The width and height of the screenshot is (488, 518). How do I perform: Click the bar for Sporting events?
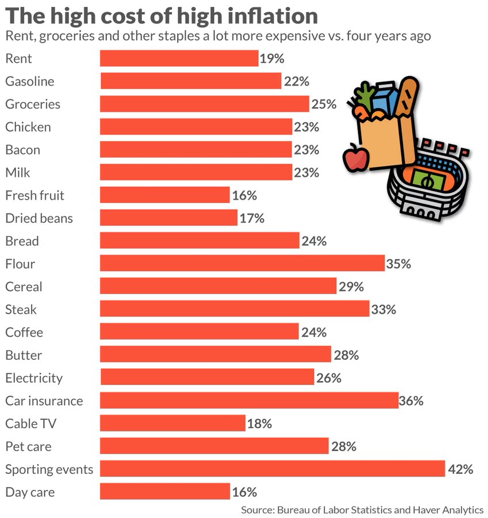(x=272, y=469)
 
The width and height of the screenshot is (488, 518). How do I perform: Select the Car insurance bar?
(x=249, y=400)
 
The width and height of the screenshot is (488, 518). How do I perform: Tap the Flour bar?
(x=242, y=264)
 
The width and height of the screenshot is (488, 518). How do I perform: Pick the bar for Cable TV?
(x=172, y=423)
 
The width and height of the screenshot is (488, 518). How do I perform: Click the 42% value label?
(x=460, y=469)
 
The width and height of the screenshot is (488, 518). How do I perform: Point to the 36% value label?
(x=412, y=401)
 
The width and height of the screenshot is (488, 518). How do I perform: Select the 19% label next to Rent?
(x=272, y=58)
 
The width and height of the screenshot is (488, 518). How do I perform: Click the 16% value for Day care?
(x=244, y=492)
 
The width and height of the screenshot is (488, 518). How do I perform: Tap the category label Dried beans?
(x=39, y=218)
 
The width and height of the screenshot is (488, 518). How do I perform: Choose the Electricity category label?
(x=34, y=378)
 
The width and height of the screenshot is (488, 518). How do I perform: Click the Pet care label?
(x=29, y=446)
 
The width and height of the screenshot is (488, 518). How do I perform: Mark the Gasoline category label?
(x=30, y=81)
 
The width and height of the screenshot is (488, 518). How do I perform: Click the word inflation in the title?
(x=259, y=15)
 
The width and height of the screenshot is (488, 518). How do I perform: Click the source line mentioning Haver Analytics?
(x=362, y=509)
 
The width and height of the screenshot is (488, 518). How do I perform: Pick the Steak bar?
(x=235, y=309)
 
